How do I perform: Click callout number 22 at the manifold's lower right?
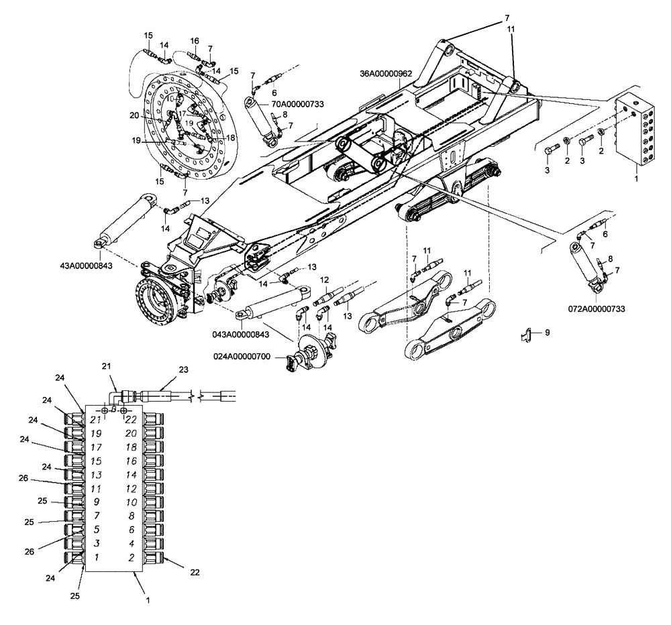(194, 572)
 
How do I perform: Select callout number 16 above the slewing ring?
(195, 40)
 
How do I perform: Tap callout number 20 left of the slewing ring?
(134, 115)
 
